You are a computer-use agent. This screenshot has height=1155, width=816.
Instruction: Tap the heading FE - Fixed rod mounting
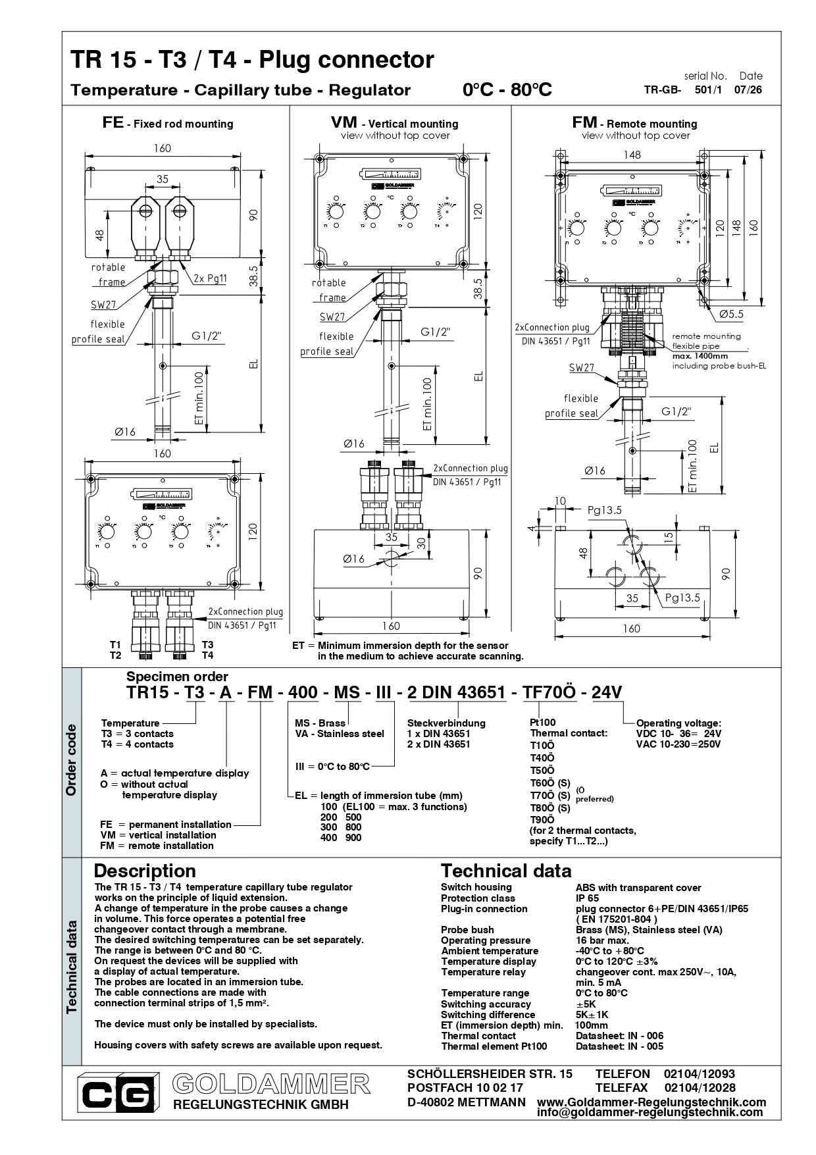pyautogui.click(x=168, y=123)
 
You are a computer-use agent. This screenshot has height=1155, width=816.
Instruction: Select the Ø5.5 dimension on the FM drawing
pyautogui.click(x=731, y=314)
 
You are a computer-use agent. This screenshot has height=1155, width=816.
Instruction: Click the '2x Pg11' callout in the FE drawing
pyautogui.click(x=210, y=278)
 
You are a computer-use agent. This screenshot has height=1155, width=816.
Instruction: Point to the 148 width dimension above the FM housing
pyautogui.click(x=632, y=155)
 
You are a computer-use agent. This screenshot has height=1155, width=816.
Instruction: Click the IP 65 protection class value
pyautogui.click(x=587, y=898)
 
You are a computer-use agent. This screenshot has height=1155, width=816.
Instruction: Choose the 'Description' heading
pyautogui.click(x=145, y=871)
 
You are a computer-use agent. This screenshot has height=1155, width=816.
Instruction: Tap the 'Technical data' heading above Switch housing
pyautogui.click(x=506, y=871)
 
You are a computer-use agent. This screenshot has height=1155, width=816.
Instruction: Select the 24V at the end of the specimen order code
pyautogui.click(x=607, y=692)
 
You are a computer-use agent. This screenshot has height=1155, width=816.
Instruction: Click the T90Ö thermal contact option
pyautogui.click(x=542, y=819)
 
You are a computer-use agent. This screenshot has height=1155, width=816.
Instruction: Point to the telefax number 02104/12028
pyautogui.click(x=700, y=1088)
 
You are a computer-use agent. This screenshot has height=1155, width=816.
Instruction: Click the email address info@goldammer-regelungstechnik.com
pyautogui.click(x=650, y=1112)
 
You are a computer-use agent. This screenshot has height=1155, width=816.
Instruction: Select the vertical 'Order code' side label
pyautogui.click(x=71, y=760)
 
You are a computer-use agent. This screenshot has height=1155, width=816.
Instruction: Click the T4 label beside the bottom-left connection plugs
pyautogui.click(x=207, y=655)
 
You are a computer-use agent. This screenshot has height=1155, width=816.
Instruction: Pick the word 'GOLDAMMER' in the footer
pyautogui.click(x=271, y=1083)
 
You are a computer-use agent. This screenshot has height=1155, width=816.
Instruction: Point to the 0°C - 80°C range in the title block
pyautogui.click(x=507, y=90)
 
